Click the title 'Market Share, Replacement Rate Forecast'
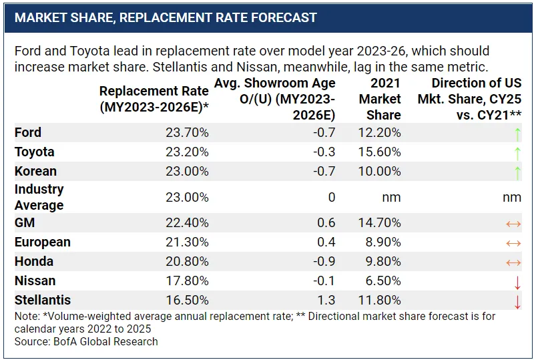166,17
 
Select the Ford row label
28,133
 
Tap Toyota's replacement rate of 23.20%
187,152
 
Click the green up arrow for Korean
517,172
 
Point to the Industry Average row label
39,198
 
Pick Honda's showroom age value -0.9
322,262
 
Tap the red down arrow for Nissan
517,282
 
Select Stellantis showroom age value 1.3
326,301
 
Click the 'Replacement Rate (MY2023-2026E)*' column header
154,99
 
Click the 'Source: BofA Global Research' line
86,341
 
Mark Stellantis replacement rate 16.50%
187,301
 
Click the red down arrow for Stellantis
517,301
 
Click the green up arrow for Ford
517,134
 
